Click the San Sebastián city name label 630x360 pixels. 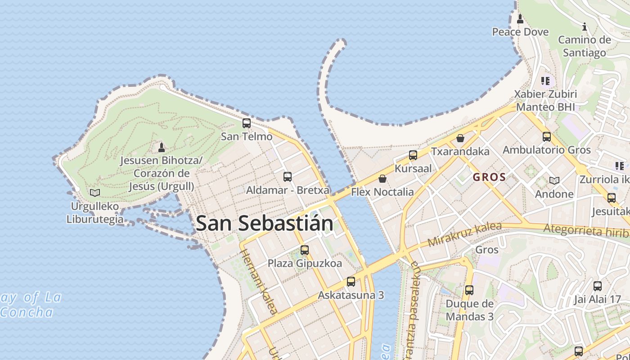[265, 223]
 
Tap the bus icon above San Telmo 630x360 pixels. [247, 123]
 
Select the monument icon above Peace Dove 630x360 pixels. [520, 19]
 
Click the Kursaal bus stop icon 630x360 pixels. [413, 156]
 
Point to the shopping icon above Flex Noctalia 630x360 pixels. [382, 179]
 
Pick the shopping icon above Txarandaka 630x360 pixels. [460, 138]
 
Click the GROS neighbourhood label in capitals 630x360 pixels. [490, 177]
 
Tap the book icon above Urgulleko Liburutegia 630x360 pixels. [95, 193]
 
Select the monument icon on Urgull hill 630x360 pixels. [162, 147]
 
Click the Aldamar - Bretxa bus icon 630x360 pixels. [288, 177]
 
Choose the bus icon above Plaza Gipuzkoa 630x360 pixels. [305, 250]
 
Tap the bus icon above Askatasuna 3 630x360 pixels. [351, 282]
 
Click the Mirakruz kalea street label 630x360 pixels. [464, 234]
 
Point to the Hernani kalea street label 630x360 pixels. [259, 281]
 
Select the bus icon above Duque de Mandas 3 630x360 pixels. [469, 290]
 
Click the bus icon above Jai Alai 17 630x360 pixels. [598, 286]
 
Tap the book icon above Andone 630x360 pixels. [554, 180]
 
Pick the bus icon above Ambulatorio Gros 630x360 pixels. [547, 137]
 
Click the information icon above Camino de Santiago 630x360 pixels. [585, 27]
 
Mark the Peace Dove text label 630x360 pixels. [520, 32]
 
